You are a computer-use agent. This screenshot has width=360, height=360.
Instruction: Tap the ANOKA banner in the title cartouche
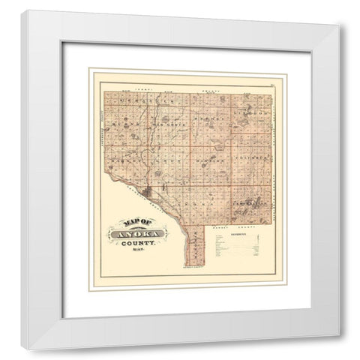click(137, 235)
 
